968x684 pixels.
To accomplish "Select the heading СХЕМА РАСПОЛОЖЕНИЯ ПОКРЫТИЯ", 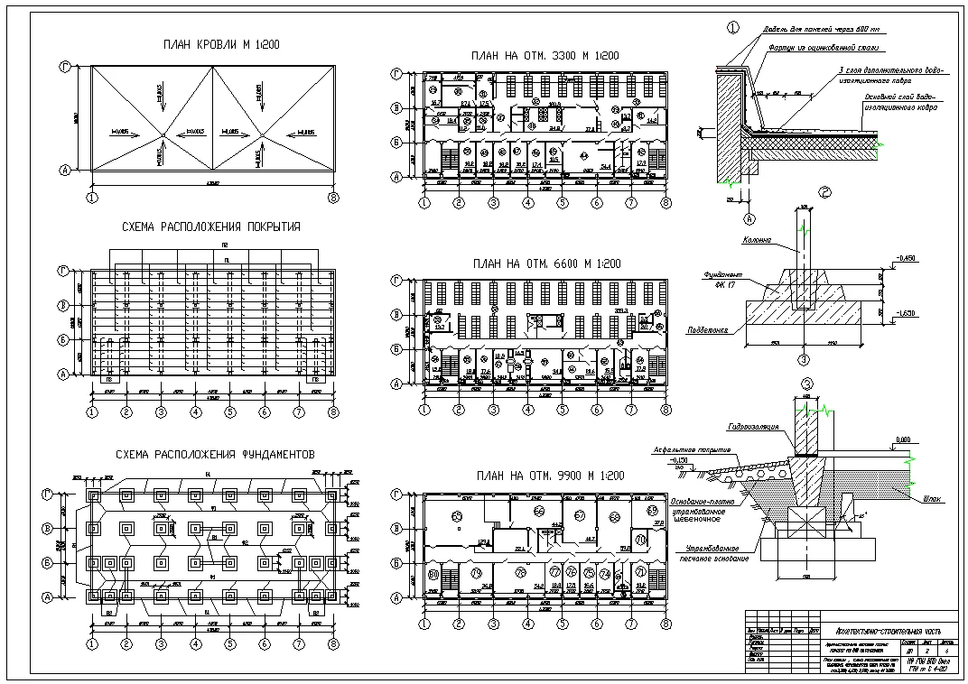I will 210,226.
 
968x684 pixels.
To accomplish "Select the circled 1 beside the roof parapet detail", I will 732,27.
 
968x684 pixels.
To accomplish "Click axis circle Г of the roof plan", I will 65,67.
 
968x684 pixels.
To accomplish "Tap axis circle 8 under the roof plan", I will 333,196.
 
